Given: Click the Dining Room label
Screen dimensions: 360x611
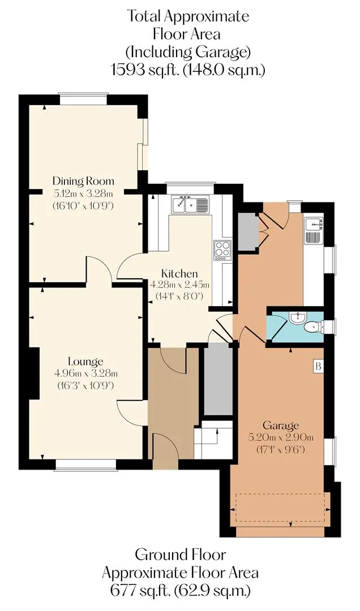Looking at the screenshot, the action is pyautogui.click(x=83, y=181).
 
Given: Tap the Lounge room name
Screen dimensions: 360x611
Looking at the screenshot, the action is pyautogui.click(x=86, y=361).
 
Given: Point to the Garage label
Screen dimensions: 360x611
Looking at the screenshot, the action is pyautogui.click(x=281, y=425).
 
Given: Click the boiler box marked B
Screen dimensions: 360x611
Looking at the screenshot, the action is pyautogui.click(x=319, y=366).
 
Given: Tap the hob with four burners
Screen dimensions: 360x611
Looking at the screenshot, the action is pyautogui.click(x=222, y=250).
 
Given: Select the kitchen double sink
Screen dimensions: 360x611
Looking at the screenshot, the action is pyautogui.click(x=190, y=205).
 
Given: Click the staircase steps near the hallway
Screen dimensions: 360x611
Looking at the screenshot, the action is pyautogui.click(x=214, y=440).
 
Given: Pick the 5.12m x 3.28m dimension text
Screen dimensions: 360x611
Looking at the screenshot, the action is pyautogui.click(x=83, y=193).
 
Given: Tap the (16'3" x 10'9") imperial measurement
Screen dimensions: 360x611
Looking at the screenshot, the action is pyautogui.click(x=86, y=386).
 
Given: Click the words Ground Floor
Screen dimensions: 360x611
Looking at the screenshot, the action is pyautogui.click(x=180, y=554).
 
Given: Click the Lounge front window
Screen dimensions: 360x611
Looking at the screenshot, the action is pyautogui.click(x=86, y=464).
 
